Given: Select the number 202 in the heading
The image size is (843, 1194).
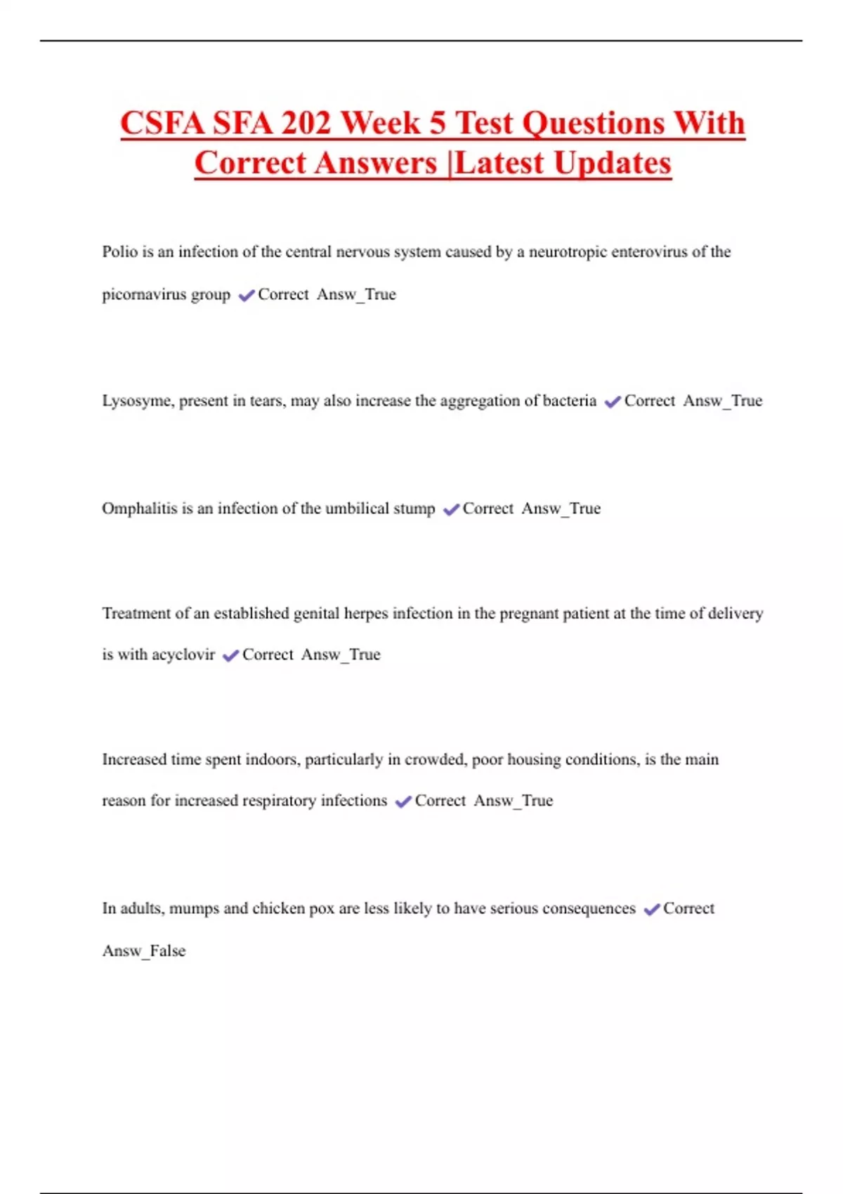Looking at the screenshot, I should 306,124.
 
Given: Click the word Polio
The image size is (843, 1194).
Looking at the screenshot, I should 119,251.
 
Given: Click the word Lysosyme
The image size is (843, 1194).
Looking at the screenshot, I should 137,401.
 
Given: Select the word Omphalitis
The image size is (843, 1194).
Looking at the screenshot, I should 139,509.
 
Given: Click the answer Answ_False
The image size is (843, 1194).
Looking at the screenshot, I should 144,951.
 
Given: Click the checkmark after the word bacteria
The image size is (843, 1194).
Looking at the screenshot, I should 613,402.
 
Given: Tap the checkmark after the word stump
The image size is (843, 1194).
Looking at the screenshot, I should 451,509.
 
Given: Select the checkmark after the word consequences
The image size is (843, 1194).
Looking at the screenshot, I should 652,910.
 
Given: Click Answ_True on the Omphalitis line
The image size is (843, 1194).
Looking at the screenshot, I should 561,509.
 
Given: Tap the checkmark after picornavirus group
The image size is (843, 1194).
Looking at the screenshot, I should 246,295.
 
